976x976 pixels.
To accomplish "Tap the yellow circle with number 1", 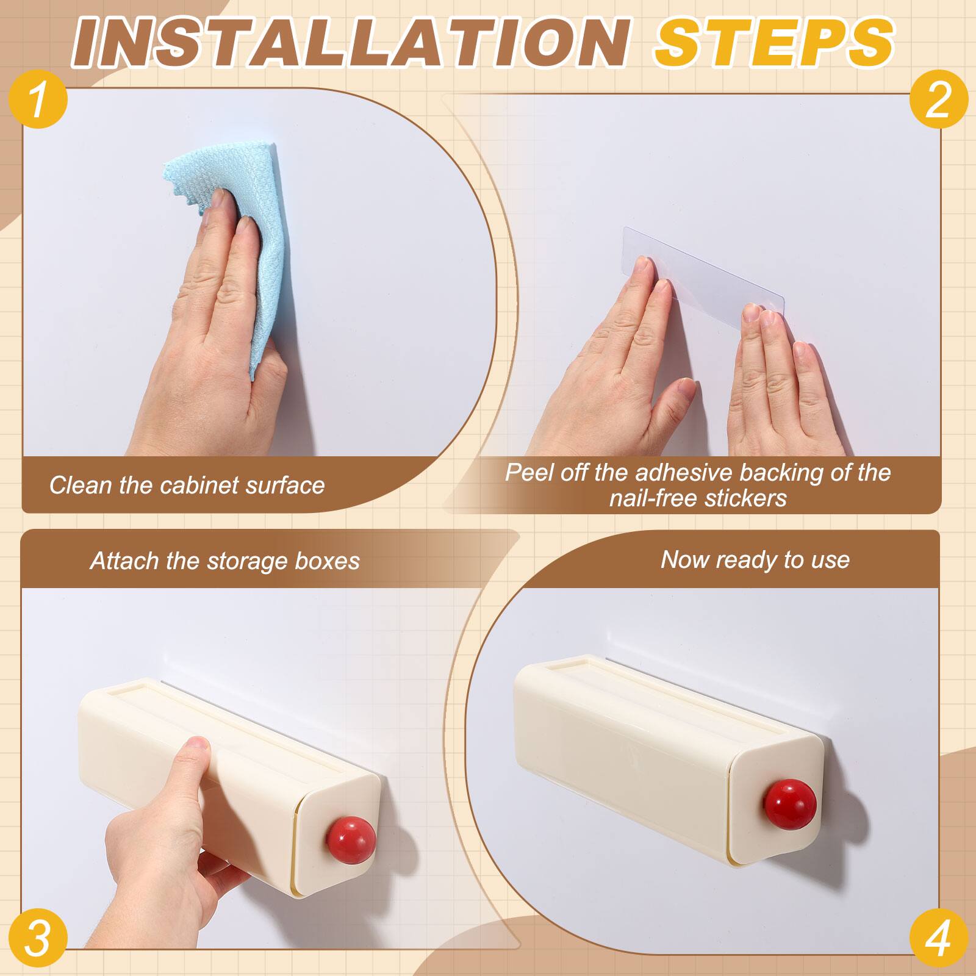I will (38, 100).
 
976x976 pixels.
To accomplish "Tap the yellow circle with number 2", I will (938, 100).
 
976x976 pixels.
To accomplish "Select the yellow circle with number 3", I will (38, 938).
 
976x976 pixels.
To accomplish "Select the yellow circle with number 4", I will (938, 938).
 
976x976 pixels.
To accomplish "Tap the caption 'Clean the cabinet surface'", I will (187, 486).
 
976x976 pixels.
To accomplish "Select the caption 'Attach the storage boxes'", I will (225, 561).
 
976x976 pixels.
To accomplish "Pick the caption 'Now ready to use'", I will (755, 559).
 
